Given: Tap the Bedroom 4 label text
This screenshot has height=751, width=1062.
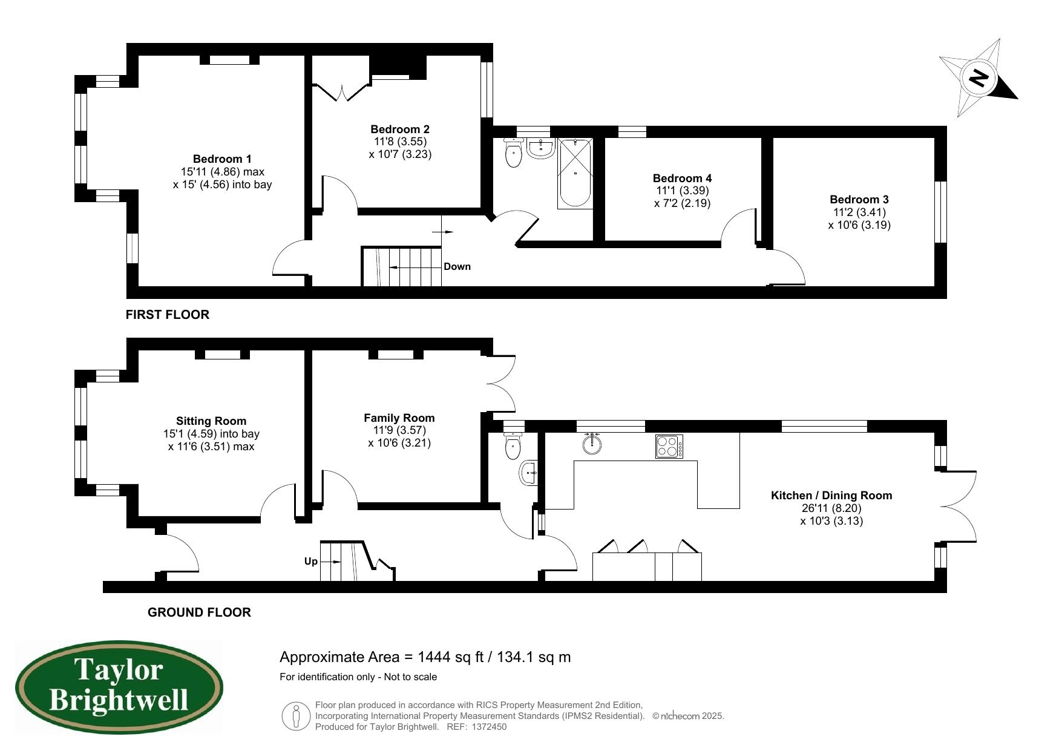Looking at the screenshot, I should [682, 178].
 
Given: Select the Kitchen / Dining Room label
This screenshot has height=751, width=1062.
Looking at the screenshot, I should [831, 496].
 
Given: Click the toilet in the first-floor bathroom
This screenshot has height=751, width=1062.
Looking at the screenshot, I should [513, 152].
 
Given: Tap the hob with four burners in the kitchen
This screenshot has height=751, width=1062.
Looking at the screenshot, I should [669, 447].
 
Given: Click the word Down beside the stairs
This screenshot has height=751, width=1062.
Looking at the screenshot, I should [457, 267].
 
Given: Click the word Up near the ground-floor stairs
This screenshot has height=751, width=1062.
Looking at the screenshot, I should [310, 562].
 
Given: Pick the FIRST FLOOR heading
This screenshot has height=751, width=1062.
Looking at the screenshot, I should [168, 315].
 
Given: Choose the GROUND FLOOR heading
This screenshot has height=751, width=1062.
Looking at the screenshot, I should [199, 612].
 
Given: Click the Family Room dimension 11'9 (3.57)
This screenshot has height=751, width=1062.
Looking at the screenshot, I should [399, 430].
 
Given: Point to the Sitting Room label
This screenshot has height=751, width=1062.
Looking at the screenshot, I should [211, 421].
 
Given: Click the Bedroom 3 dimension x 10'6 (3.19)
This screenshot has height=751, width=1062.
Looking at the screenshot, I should [859, 225].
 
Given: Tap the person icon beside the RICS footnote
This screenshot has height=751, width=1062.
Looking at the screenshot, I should [296, 716].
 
